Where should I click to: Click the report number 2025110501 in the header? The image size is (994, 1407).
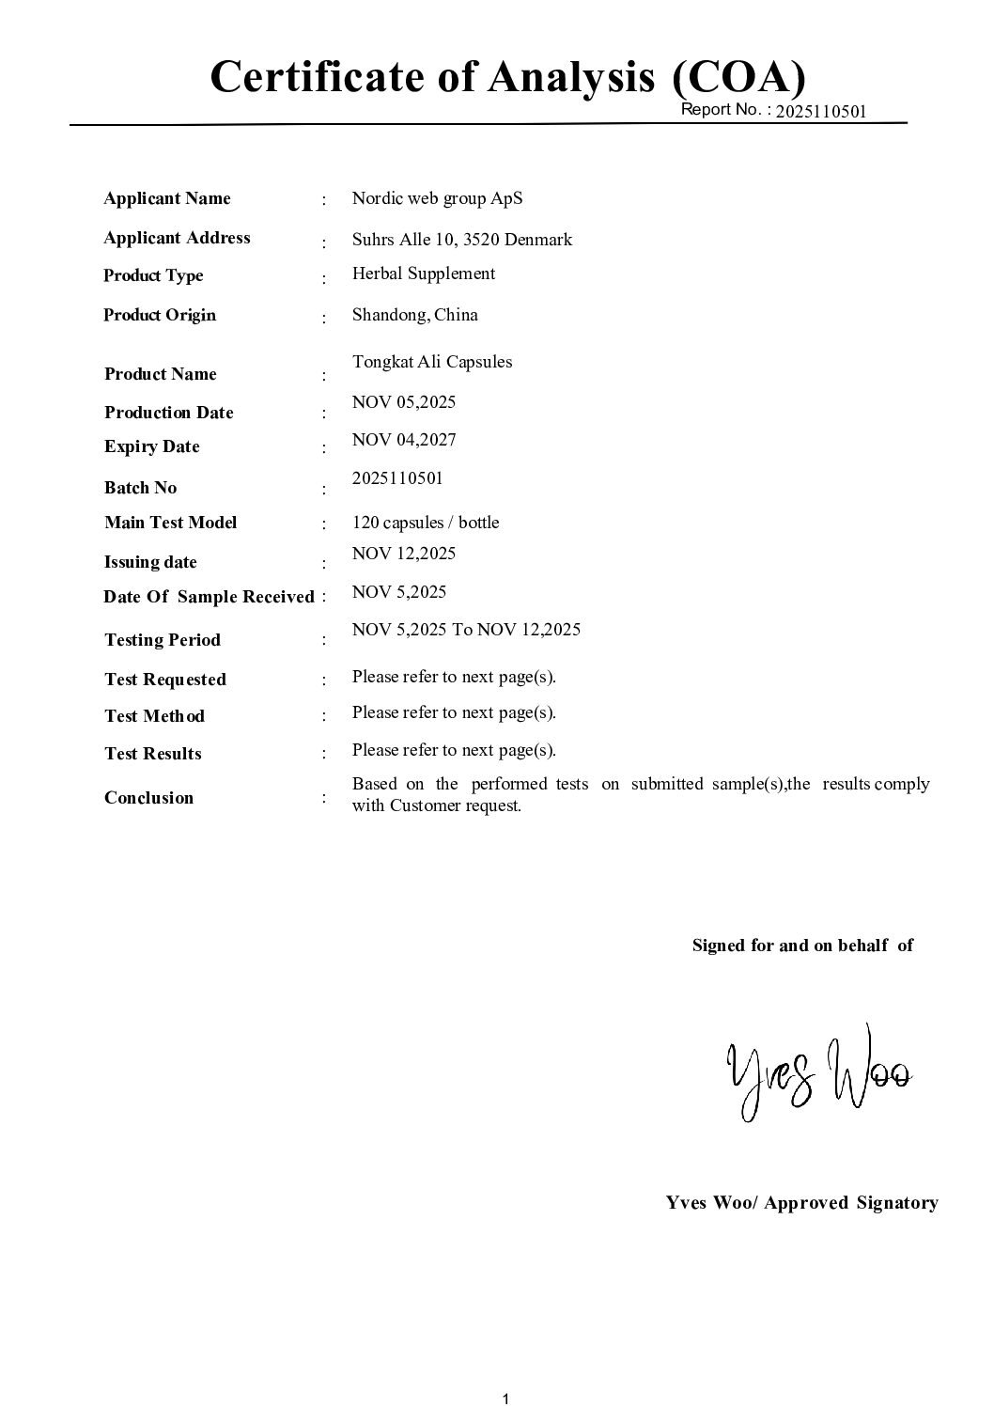click(821, 112)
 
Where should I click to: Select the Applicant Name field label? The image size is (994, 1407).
click(167, 198)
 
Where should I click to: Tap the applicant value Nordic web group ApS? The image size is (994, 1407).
click(437, 198)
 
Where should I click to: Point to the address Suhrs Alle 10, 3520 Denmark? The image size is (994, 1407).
click(461, 240)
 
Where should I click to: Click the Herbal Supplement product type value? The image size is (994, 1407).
click(423, 274)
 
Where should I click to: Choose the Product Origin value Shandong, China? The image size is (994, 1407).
click(414, 315)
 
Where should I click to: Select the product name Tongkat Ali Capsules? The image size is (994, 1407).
click(432, 362)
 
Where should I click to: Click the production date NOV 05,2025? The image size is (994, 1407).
click(403, 402)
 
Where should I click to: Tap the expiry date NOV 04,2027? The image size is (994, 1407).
click(404, 440)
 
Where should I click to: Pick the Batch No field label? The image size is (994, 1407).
click(140, 488)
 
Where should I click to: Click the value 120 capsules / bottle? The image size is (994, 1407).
click(426, 523)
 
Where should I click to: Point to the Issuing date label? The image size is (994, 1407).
click(150, 562)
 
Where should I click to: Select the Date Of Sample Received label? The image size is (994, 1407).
click(209, 597)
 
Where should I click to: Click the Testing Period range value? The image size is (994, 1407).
click(466, 630)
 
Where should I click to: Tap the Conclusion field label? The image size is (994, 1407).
click(148, 798)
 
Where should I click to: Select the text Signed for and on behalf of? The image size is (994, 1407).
click(802, 946)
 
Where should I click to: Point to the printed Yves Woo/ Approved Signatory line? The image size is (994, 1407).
click(801, 1203)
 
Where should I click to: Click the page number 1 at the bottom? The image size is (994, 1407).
click(505, 1399)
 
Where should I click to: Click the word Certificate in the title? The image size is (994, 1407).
click(318, 77)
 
